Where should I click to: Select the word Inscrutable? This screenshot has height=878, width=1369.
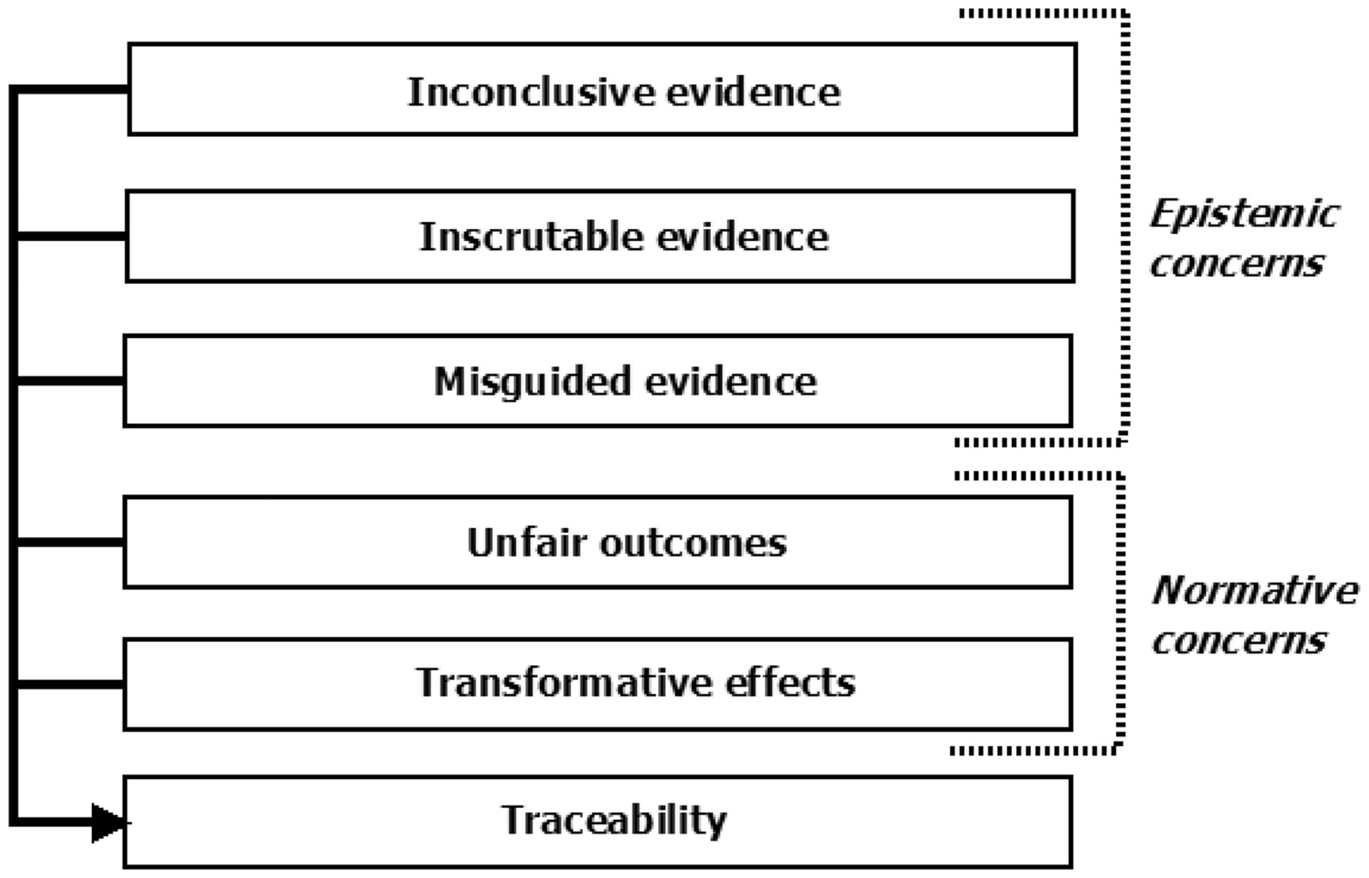tap(531, 236)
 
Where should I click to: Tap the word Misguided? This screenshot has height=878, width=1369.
tap(532, 383)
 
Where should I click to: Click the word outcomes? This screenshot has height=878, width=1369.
tap(693, 543)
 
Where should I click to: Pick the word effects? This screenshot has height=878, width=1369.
tap(790, 682)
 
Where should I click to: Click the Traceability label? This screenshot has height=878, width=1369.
tap(614, 822)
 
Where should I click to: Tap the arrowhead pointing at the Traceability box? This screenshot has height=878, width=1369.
tap(109, 823)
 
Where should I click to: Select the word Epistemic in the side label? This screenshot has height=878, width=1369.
tap(1245, 214)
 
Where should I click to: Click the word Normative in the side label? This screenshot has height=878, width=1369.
tap(1255, 590)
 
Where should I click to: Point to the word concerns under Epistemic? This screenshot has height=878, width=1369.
tap(1237, 264)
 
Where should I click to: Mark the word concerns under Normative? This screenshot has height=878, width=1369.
tap(1239, 641)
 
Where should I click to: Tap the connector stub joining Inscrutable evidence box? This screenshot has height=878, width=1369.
tap(70, 236)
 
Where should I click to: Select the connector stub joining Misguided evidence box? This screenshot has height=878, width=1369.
tap(69, 381)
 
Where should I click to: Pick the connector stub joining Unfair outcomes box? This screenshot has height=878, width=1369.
tap(69, 543)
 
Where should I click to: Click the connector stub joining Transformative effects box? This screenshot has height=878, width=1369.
tap(69, 685)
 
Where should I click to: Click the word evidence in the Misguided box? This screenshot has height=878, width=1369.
tap(731, 381)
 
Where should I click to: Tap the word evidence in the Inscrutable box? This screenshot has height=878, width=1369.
tap(743, 236)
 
